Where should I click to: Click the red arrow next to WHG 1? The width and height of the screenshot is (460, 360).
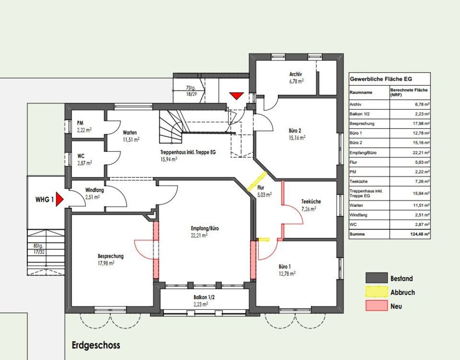[x=60, y=199]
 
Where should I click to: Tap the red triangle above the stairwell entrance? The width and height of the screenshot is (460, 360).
[x=236, y=96]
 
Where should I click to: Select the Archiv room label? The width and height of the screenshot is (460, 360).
[x=296, y=75]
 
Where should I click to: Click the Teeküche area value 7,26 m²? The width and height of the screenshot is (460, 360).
[x=308, y=209]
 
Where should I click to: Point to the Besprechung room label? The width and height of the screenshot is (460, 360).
[x=111, y=256]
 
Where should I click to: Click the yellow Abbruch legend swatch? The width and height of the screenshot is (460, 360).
[x=376, y=292]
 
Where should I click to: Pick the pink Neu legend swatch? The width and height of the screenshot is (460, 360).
[x=376, y=306]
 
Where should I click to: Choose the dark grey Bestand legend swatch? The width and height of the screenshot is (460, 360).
[x=376, y=277]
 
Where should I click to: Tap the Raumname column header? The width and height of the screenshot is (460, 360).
[x=361, y=92]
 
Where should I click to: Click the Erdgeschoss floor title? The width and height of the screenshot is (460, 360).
[x=96, y=345]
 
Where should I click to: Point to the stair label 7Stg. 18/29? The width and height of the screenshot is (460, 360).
[x=191, y=91]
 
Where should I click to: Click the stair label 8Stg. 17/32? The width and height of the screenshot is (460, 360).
[x=39, y=249]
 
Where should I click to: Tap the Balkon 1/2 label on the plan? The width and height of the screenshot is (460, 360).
[x=204, y=297]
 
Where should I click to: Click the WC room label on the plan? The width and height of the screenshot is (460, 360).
[x=81, y=156]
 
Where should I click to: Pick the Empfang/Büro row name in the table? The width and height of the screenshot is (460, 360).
[x=363, y=153]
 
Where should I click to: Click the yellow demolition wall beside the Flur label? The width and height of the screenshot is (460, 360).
[x=257, y=181]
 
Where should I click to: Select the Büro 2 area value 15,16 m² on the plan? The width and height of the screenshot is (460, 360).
[x=297, y=138]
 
